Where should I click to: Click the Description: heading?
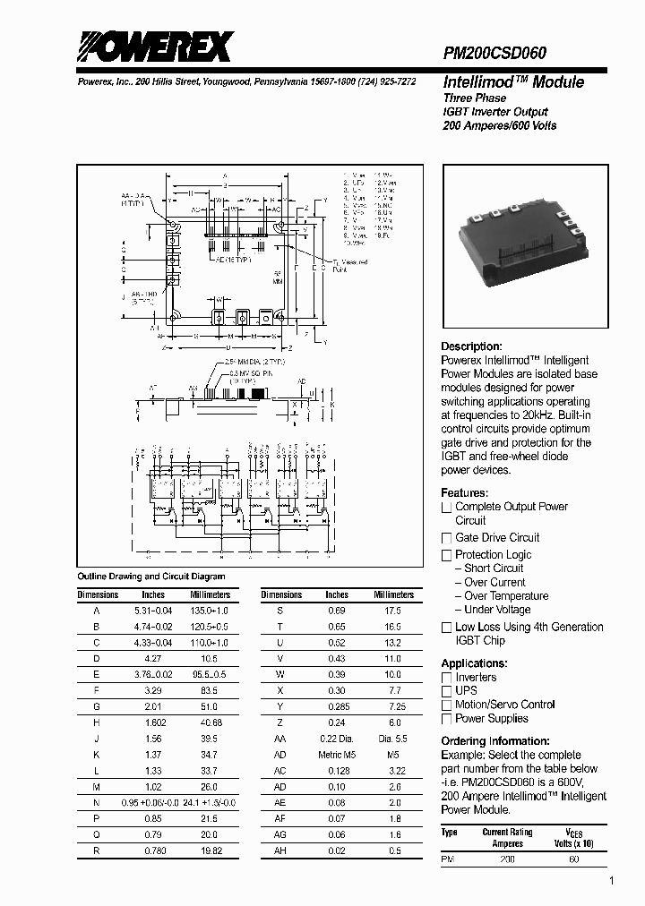click(x=471, y=346)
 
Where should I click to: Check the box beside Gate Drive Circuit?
click(x=446, y=538)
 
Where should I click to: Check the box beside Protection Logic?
click(x=446, y=555)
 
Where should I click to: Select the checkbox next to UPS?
click(x=446, y=691)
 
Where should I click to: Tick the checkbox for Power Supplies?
click(x=446, y=719)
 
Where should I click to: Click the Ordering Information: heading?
click(x=495, y=741)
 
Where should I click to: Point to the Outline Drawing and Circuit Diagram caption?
click(x=151, y=577)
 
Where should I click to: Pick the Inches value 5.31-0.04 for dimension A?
click(x=154, y=610)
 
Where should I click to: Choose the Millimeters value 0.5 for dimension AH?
click(x=394, y=850)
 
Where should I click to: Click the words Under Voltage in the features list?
click(x=497, y=610)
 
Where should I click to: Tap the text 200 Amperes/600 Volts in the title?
click(x=500, y=125)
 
